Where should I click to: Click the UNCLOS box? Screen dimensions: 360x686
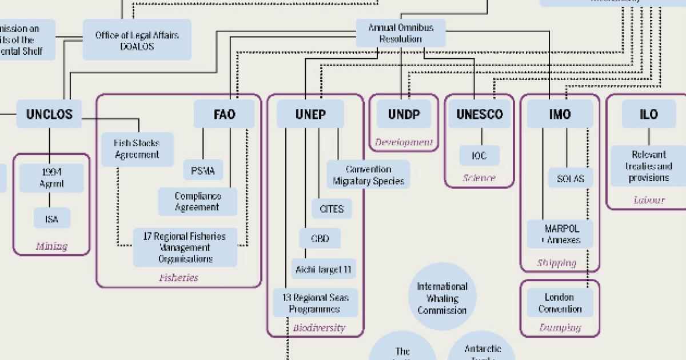[x=49, y=114]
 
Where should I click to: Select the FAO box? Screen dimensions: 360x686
[x=224, y=114]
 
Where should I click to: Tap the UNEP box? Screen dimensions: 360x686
[x=310, y=114]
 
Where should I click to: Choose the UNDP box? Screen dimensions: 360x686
[x=404, y=114]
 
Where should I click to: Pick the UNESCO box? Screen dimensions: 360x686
[x=479, y=114]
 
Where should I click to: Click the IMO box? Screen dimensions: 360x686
[x=559, y=114]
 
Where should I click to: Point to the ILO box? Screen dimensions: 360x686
[x=648, y=114]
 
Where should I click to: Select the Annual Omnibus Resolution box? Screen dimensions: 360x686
[x=400, y=33]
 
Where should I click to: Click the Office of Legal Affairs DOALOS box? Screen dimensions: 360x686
[x=137, y=40]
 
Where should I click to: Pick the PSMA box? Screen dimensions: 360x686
[x=203, y=170]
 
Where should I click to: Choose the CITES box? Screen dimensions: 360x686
[x=332, y=209]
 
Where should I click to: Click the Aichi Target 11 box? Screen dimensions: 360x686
[x=324, y=269]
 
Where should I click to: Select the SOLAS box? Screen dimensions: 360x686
[x=570, y=178]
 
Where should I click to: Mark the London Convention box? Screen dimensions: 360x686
[x=559, y=303]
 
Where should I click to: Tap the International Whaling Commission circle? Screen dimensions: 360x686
[x=442, y=298]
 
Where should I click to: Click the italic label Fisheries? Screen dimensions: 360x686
[x=179, y=278]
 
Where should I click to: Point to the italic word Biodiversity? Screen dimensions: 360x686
[x=318, y=327]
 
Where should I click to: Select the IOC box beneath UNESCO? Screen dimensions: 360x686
[x=479, y=155]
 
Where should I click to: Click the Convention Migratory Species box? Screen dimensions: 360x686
[x=368, y=175]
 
